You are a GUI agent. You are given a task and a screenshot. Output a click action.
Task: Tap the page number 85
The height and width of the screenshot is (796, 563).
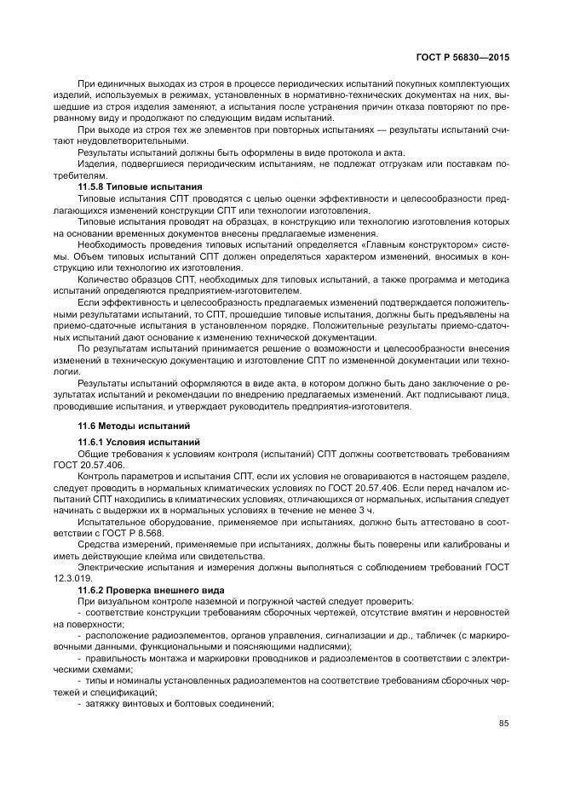pos(503,724)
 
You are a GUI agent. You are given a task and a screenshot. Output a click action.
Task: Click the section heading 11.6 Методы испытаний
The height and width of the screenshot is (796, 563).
pos(129,424)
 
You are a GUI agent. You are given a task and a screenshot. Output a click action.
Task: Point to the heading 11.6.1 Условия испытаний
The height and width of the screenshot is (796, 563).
pos(139,443)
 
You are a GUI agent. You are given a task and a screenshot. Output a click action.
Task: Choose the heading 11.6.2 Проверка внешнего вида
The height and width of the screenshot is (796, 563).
pos(152,589)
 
